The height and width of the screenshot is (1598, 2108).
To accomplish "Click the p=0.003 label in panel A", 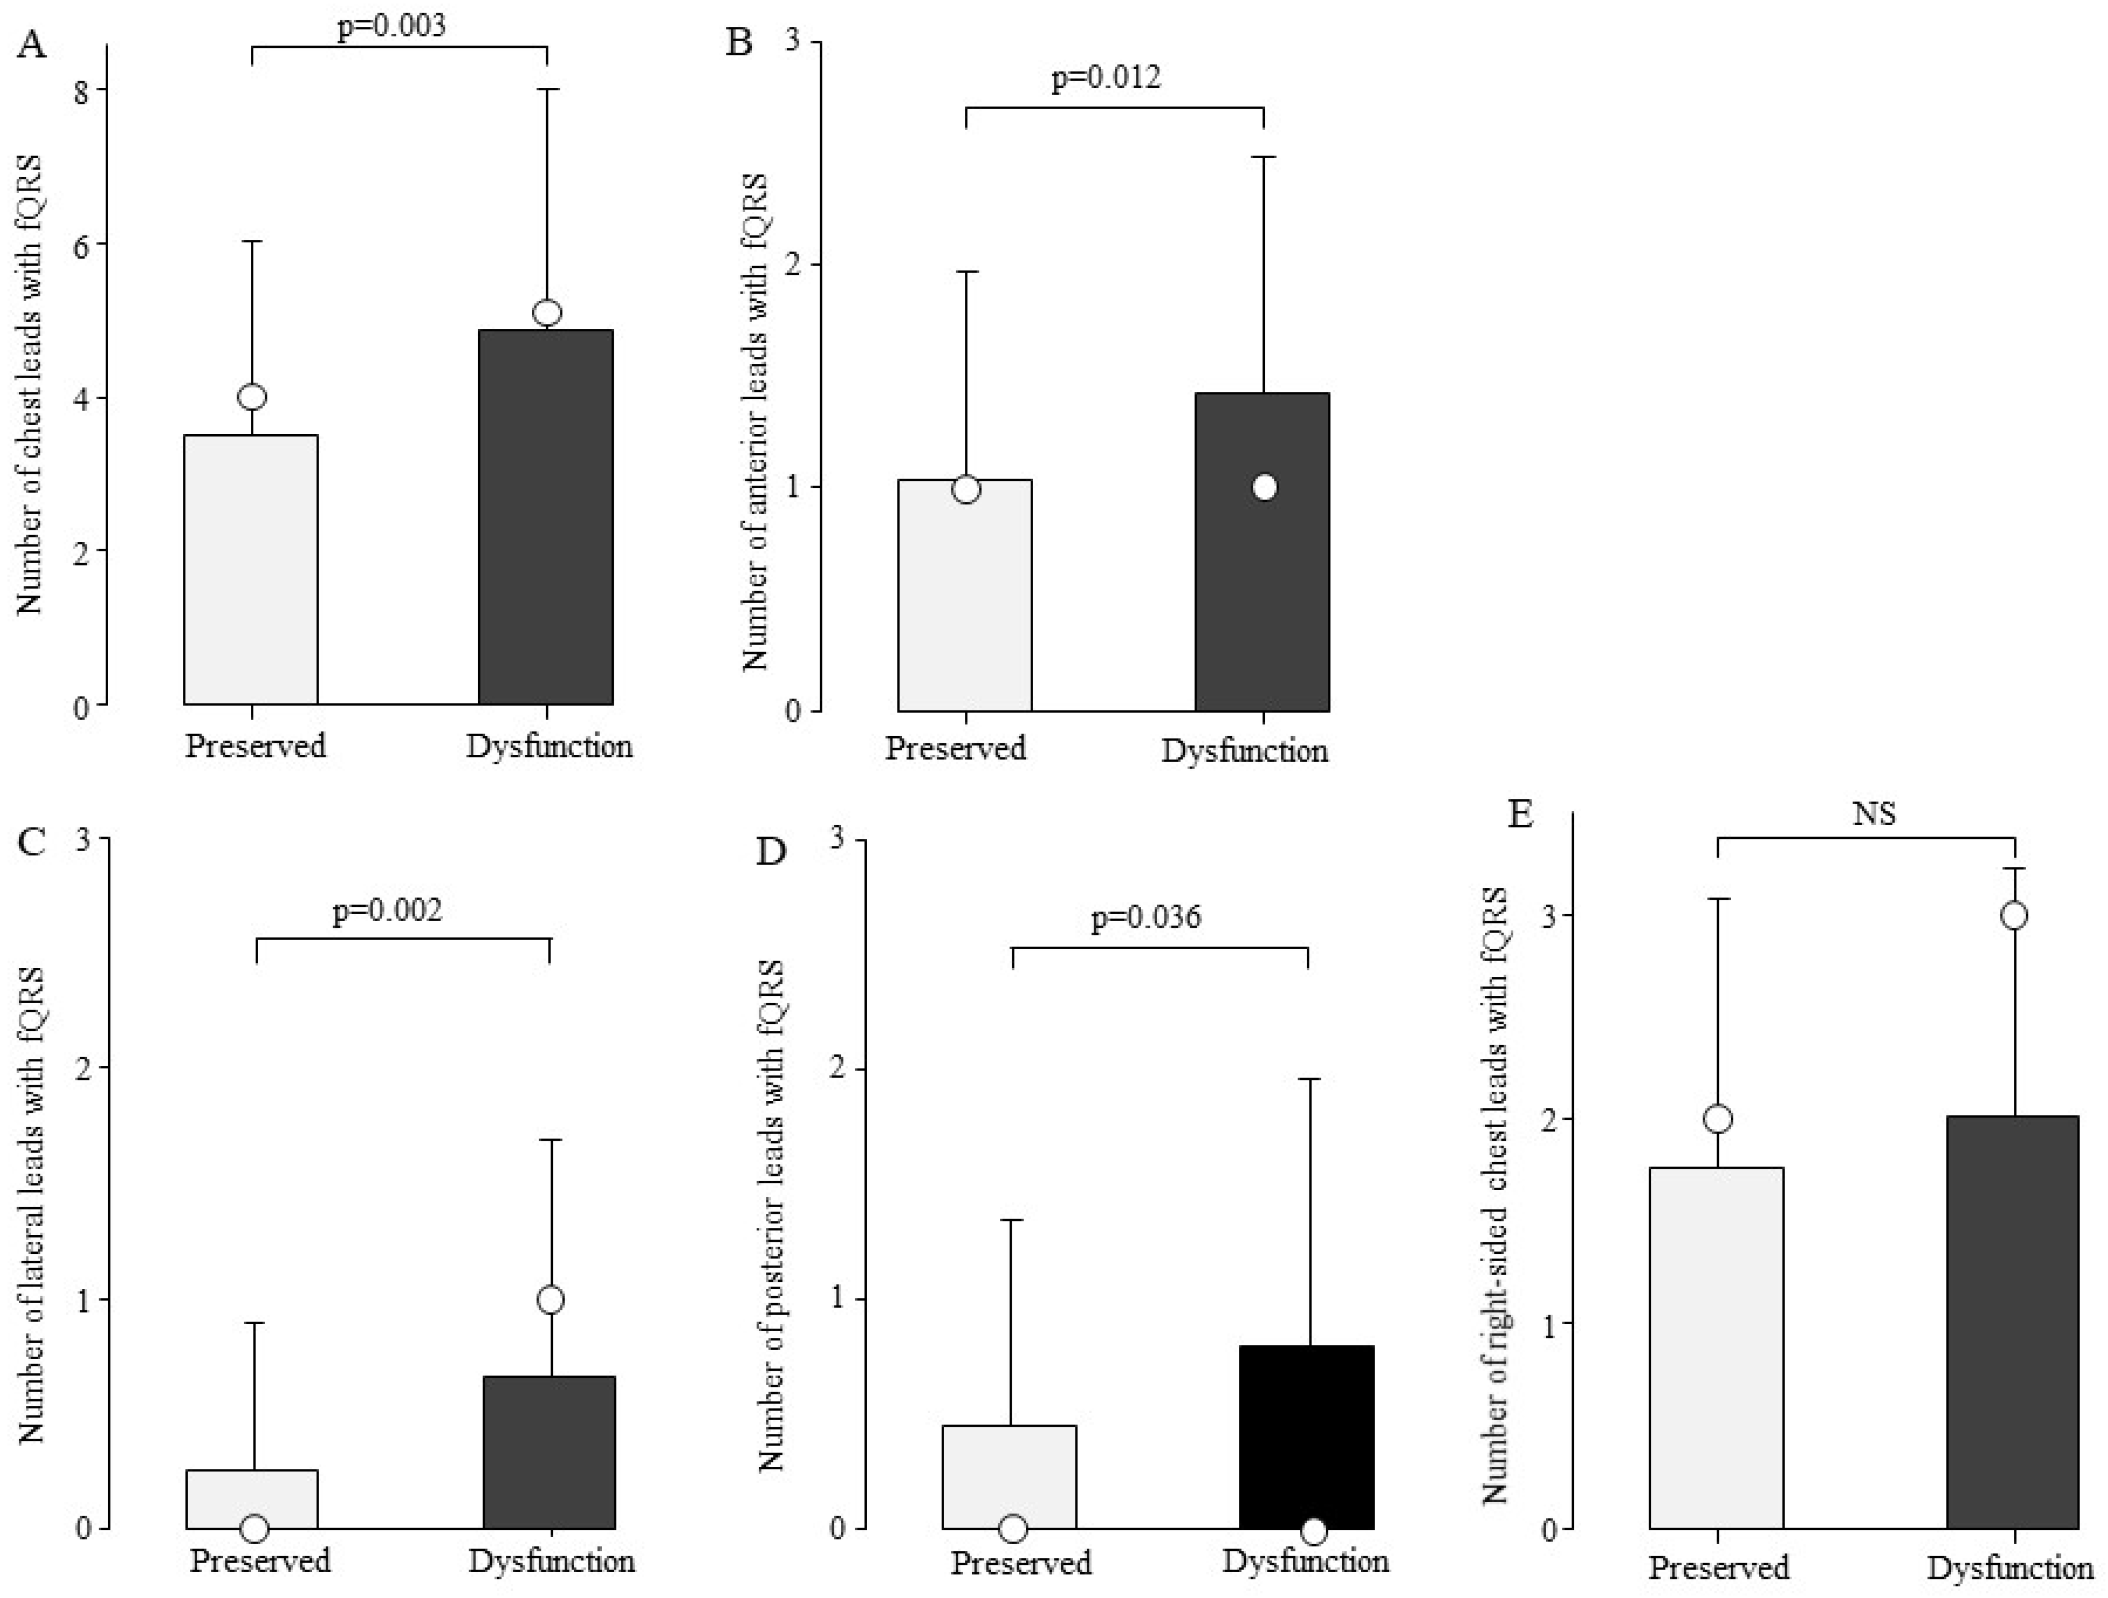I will click(x=391, y=26).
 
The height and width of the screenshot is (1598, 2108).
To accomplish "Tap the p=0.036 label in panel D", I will click(x=1146, y=918).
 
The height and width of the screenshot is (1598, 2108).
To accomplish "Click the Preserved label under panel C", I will click(x=259, y=1561).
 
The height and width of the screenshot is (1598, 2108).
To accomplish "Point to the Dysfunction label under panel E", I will click(x=2009, y=1567).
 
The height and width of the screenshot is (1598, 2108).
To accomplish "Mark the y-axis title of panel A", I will click(x=30, y=384).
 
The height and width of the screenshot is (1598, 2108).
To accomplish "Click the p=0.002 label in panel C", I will click(x=387, y=911).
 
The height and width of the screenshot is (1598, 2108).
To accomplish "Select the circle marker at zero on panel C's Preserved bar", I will click(x=254, y=1528).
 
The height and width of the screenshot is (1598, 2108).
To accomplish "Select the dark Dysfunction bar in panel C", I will click(x=549, y=1453).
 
